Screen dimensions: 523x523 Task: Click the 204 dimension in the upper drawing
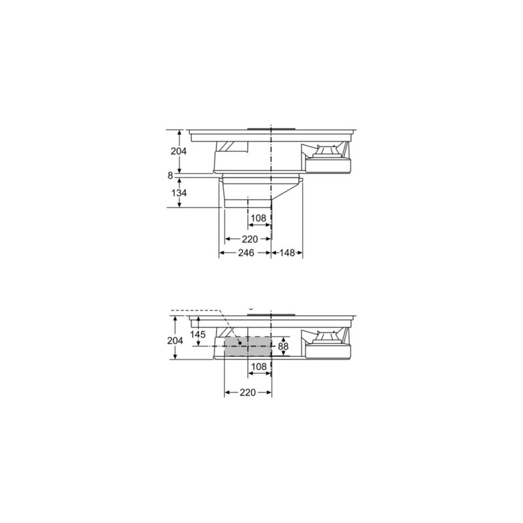178,151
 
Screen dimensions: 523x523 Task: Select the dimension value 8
170,175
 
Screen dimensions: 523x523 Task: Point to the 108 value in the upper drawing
259,217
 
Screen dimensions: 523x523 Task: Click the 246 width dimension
246,252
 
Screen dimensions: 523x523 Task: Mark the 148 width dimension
288,252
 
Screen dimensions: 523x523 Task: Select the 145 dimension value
198,335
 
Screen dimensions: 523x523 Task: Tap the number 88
282,346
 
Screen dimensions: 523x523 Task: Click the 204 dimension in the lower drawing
175,341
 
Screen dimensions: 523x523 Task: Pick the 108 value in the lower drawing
259,367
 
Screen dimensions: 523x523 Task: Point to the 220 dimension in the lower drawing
247,392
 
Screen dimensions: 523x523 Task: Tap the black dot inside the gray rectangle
240,341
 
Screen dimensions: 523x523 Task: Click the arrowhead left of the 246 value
222,252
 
